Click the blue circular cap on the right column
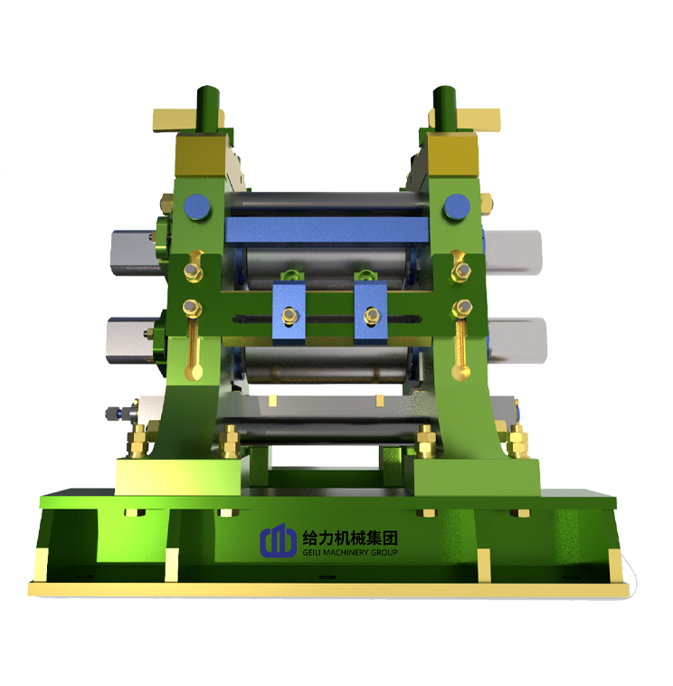coord(453,208)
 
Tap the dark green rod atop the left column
coord(209,108)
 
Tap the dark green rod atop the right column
coord(443,108)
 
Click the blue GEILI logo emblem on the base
coord(278,541)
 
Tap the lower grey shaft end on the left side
coord(129,336)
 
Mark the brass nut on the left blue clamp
coord(289,315)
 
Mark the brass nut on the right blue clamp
coord(370,315)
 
